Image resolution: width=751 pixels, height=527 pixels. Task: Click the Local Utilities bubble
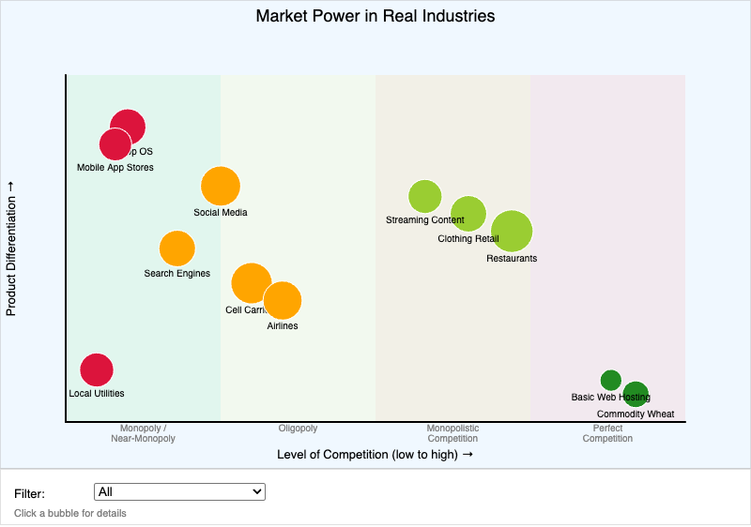(97, 369)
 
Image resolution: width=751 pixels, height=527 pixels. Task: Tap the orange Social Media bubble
(221, 186)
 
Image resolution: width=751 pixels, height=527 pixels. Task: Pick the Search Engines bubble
(176, 248)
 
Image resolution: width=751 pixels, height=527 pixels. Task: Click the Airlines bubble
(283, 301)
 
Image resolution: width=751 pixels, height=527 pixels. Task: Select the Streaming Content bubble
(425, 196)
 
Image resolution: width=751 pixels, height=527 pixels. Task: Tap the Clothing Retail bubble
(468, 214)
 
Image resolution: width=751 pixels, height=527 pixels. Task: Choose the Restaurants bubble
(512, 231)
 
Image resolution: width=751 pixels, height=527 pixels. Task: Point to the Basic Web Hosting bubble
(609, 379)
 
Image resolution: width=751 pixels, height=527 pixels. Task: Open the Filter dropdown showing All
(180, 491)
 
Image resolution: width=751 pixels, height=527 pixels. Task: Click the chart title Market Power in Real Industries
(375, 16)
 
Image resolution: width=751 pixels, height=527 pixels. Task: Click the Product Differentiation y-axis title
(11, 248)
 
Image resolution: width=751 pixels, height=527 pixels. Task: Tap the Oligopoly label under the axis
(298, 429)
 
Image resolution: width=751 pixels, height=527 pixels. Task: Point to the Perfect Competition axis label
(607, 433)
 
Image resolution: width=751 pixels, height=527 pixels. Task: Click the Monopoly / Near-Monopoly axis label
(143, 433)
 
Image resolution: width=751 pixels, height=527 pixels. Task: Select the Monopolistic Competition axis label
(452, 433)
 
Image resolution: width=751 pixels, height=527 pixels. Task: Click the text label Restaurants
(512, 259)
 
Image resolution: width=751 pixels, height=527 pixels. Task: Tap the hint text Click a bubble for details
(70, 513)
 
